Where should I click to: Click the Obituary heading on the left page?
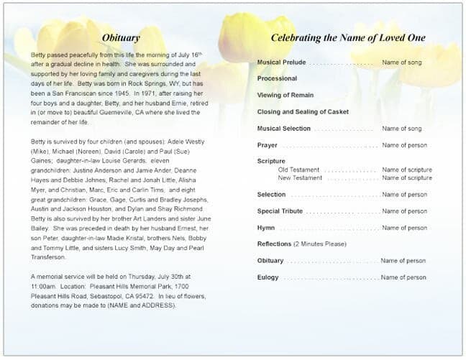click(x=121, y=37)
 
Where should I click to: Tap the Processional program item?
click(x=277, y=78)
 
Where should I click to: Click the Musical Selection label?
click(x=283, y=129)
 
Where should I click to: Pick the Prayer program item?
click(x=267, y=145)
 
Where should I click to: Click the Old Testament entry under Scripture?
click(x=299, y=170)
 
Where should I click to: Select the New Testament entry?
click(x=301, y=177)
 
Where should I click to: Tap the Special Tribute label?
click(x=280, y=211)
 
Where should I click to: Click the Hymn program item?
click(x=265, y=228)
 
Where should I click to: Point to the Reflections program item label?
click(x=274, y=244)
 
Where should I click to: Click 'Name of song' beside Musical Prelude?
click(x=402, y=63)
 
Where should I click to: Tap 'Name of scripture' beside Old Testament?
click(x=406, y=170)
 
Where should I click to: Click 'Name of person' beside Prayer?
click(x=403, y=145)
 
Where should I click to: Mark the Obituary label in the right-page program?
click(x=270, y=261)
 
